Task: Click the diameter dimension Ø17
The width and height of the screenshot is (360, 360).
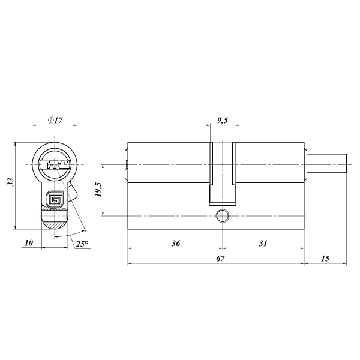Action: [x=55, y=120]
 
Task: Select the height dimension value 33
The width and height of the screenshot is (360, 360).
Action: [x=11, y=182]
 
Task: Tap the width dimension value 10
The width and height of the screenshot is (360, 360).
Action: [x=29, y=242]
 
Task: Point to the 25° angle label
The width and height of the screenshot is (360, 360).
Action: [x=82, y=244]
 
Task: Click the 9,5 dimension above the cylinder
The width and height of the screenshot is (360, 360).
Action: [x=222, y=121]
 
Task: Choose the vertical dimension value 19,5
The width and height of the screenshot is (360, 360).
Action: [x=98, y=190]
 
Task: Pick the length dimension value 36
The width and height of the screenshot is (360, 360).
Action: [x=176, y=243]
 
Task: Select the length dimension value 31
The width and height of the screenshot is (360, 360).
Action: [x=263, y=243]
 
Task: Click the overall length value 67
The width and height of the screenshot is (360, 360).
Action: [x=220, y=259]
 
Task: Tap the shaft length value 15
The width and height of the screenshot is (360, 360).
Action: [x=325, y=259]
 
